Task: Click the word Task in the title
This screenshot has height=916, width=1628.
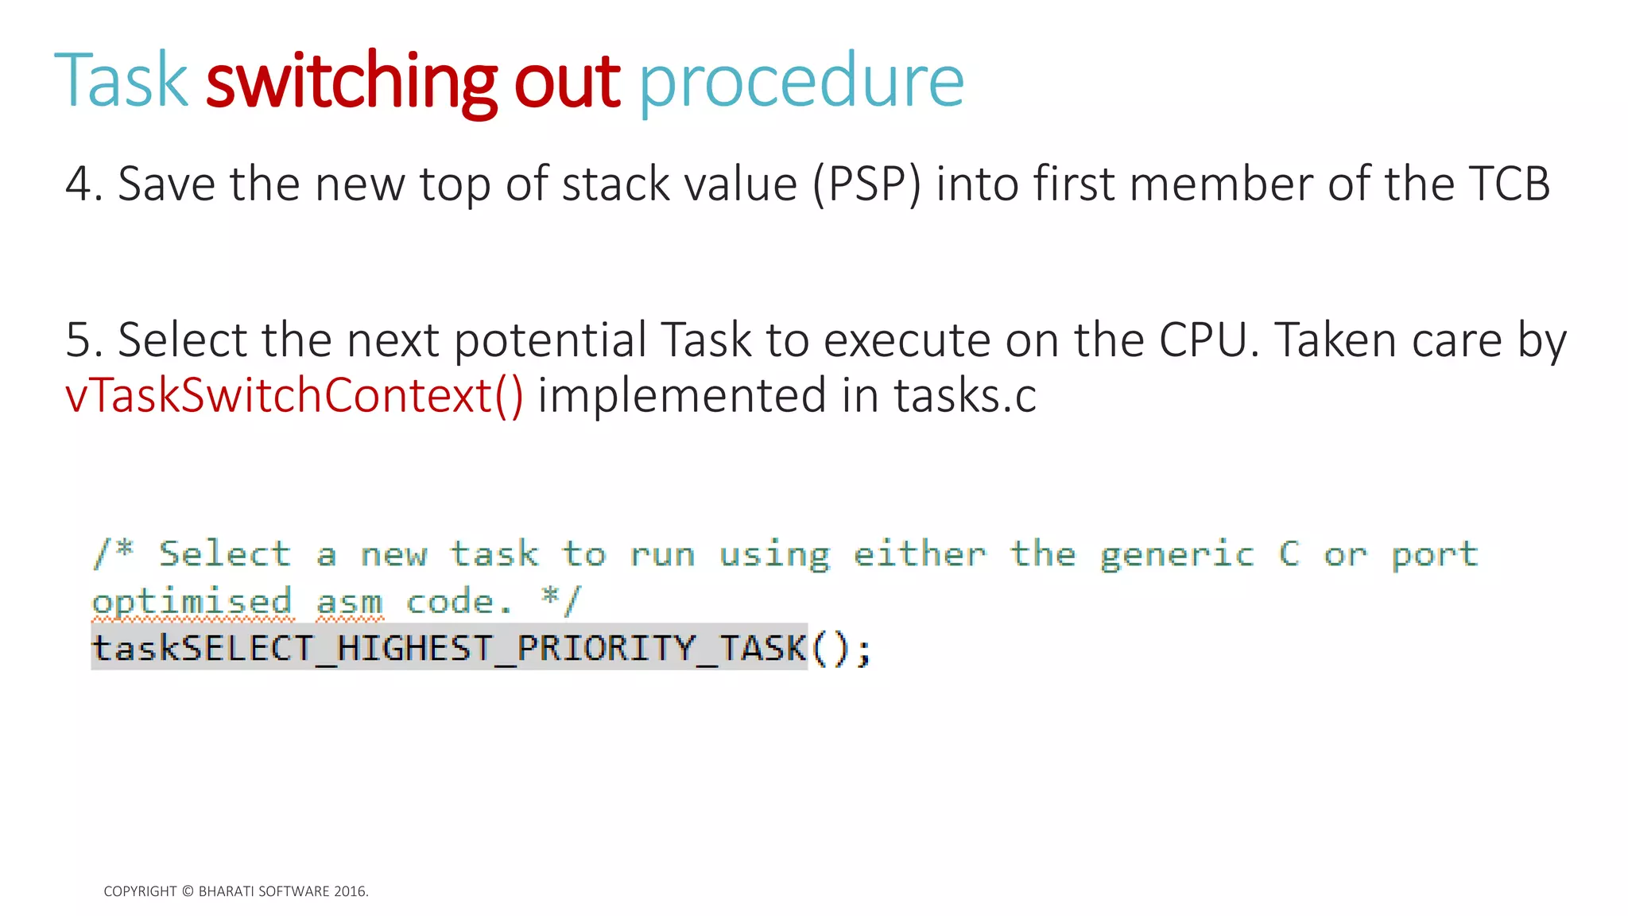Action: (121, 80)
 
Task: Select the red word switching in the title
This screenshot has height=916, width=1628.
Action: (351, 80)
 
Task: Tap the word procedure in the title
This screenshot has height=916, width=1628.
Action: (801, 82)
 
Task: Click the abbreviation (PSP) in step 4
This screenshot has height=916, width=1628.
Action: (867, 184)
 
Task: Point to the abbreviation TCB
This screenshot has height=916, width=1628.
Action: (1509, 184)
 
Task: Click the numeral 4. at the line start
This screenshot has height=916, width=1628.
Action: (83, 184)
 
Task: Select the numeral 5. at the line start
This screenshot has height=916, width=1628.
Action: (83, 340)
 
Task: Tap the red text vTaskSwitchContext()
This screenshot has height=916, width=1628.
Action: (294, 395)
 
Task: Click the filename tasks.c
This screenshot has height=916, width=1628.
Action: (965, 395)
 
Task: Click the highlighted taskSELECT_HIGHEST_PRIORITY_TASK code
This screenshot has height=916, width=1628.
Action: (449, 647)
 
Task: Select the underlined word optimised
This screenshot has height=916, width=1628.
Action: (192, 602)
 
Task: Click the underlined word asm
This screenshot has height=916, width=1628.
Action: (350, 602)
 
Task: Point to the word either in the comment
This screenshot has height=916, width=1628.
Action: (920, 554)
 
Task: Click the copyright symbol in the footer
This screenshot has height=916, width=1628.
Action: (188, 891)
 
